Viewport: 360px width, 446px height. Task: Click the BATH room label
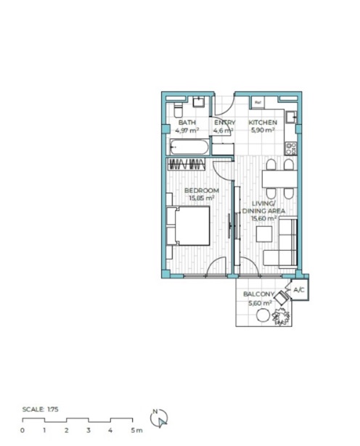tap(187, 123)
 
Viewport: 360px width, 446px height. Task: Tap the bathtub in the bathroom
tap(189, 146)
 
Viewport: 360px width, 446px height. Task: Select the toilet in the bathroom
tap(178, 110)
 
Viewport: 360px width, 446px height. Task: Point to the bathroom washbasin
tap(199, 102)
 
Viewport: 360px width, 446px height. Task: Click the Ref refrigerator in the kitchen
tap(258, 103)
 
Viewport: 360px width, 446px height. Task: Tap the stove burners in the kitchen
tap(292, 149)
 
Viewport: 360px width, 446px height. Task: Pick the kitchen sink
tap(292, 117)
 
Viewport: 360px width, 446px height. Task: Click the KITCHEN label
tap(263, 123)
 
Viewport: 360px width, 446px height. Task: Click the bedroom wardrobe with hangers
tap(187, 165)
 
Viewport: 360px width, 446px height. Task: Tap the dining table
tap(279, 178)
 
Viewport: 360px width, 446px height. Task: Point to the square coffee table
tap(264, 234)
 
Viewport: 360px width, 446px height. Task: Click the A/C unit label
tap(299, 290)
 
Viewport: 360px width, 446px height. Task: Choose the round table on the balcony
tap(263, 315)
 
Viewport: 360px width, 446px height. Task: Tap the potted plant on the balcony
tap(281, 316)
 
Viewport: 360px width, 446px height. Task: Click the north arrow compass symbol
tap(160, 418)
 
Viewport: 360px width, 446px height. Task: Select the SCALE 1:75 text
tap(41, 409)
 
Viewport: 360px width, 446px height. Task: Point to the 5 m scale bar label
tap(136, 430)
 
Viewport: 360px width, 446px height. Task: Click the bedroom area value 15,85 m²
tap(202, 198)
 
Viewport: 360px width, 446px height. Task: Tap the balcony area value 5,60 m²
tap(260, 303)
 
